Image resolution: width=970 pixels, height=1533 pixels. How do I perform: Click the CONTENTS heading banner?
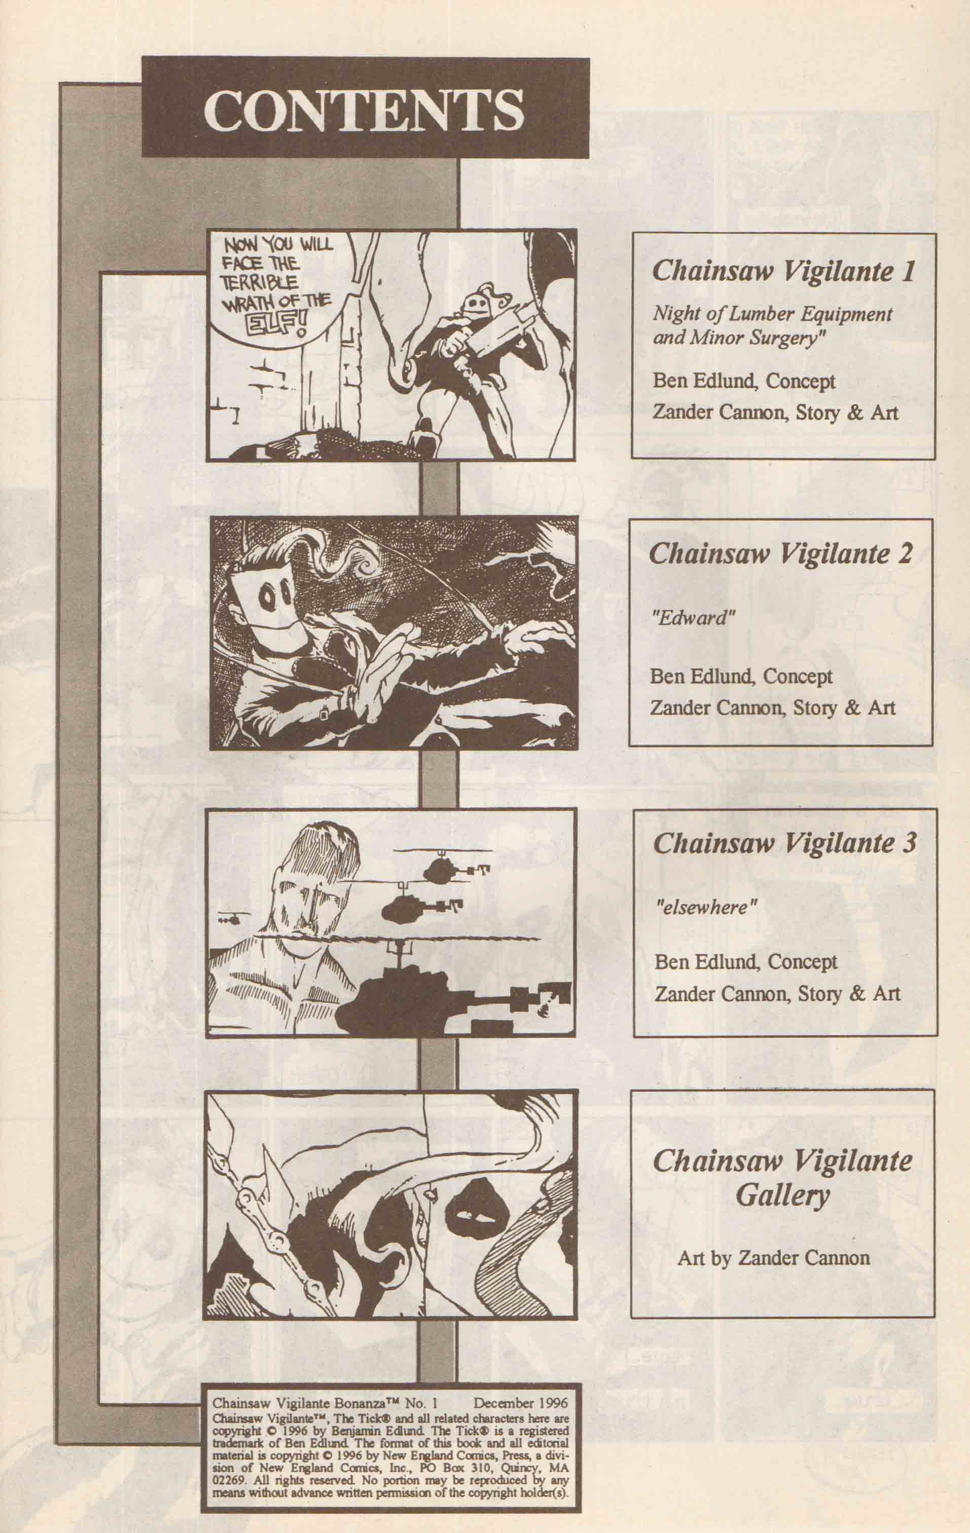pos(365,108)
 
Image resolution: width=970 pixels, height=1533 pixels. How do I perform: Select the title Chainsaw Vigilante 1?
pos(783,272)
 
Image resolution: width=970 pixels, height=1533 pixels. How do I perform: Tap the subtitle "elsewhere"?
pos(706,907)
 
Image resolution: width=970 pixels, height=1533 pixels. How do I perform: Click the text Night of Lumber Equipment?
pos(772,314)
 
